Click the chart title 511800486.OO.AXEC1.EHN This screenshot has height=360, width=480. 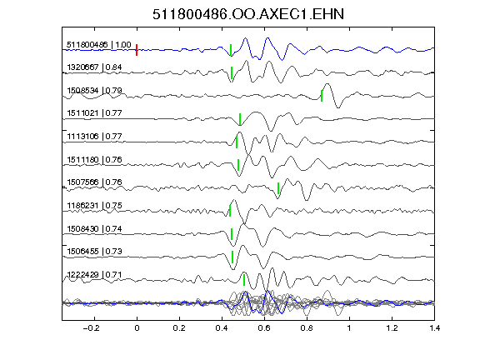(x=248, y=14)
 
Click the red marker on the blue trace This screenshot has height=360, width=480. (x=137, y=50)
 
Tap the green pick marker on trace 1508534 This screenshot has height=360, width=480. (x=322, y=96)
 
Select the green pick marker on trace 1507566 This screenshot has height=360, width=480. (x=278, y=188)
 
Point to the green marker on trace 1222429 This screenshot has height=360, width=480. (x=244, y=280)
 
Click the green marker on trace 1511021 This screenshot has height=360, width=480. (x=240, y=119)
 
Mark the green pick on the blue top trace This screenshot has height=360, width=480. (x=231, y=50)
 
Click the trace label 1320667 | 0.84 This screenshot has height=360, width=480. (x=94, y=67)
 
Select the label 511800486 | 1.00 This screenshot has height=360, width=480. (x=99, y=45)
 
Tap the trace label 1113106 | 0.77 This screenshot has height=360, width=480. (x=94, y=136)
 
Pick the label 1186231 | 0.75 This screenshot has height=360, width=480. (x=94, y=205)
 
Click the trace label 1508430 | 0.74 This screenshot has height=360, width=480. (x=94, y=229)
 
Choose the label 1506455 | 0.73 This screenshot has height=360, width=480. (x=94, y=252)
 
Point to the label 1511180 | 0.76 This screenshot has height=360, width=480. (x=94, y=160)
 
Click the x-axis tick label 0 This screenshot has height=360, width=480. (x=137, y=328)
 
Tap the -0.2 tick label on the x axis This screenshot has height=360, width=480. (x=92, y=328)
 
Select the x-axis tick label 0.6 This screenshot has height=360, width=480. (x=264, y=328)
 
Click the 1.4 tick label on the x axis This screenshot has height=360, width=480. (x=434, y=328)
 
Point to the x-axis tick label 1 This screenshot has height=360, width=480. (x=349, y=328)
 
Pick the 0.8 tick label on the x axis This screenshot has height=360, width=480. (x=307, y=328)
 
